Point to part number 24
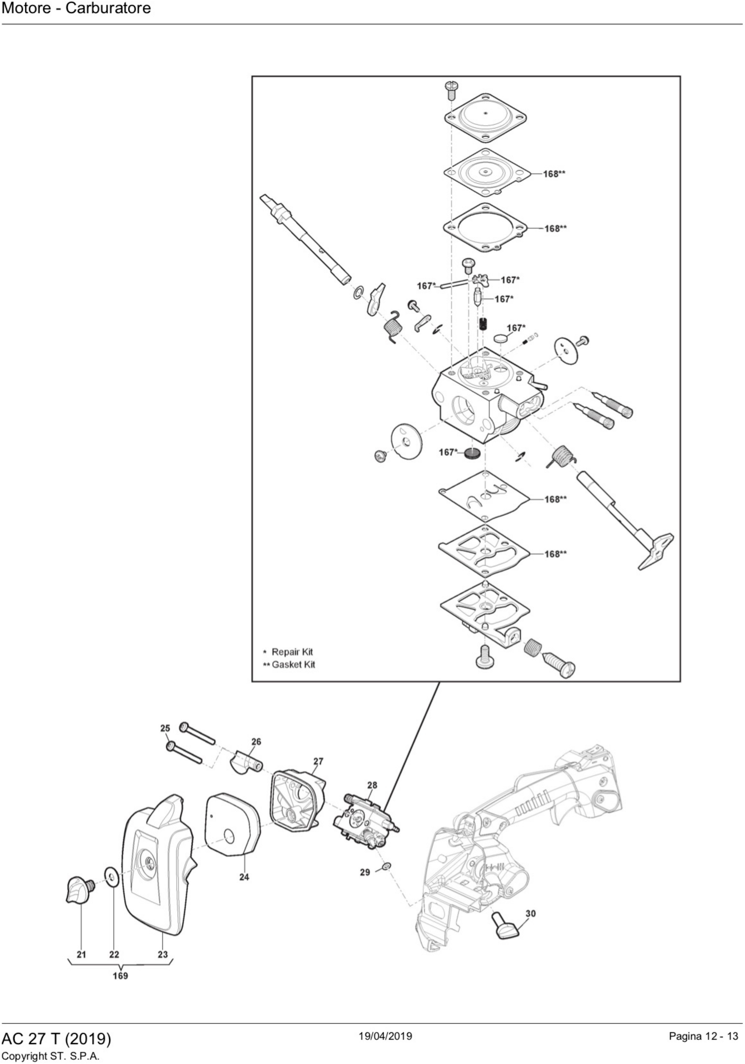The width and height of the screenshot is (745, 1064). tap(244, 877)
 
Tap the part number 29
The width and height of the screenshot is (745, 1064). tap(365, 872)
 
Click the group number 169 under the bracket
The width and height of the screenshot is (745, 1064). tap(120, 976)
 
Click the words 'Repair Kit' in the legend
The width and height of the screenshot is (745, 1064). tap(292, 652)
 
